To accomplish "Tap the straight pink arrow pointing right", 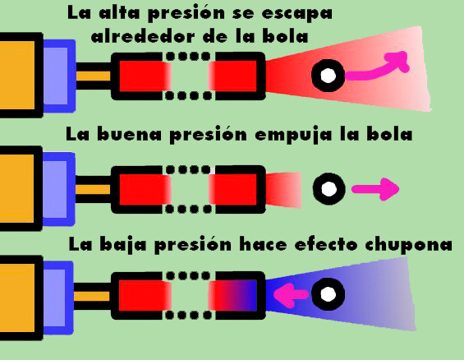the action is click(x=375, y=189).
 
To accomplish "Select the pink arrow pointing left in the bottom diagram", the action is click(x=291, y=295).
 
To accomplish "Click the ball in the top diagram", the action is click(x=328, y=75).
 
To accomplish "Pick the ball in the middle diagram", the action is click(x=328, y=188).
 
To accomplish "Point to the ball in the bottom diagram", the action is click(x=328, y=294).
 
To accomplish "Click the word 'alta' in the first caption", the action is click(x=118, y=13).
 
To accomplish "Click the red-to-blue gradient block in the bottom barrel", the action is click(x=232, y=296).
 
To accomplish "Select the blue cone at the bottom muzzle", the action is click(x=340, y=293).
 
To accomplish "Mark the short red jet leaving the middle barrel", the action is click(x=283, y=190).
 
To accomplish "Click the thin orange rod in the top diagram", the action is click(x=94, y=76).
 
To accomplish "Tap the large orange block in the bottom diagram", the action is click(x=17, y=298).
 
